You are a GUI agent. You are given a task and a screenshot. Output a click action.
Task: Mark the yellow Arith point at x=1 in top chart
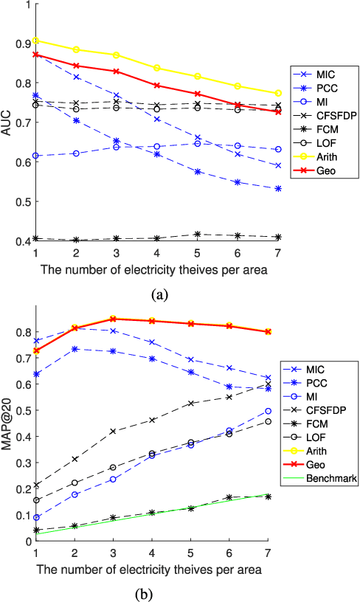35,41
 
